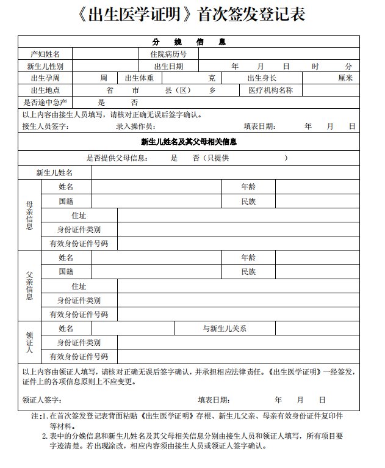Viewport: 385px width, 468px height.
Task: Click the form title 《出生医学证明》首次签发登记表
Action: pyautogui.click(x=192, y=15)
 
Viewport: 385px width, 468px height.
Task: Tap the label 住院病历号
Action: pyautogui.click(x=168, y=54)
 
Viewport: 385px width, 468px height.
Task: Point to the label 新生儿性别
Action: pyautogui.click(x=45, y=66)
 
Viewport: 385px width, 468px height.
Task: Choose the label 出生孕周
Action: pyautogui.click(x=45, y=78)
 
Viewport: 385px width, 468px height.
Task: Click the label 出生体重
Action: pyautogui.click(x=139, y=78)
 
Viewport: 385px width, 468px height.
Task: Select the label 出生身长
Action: pyautogui.click(x=262, y=78)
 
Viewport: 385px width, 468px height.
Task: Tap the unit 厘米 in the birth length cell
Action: pyautogui.click(x=345, y=78)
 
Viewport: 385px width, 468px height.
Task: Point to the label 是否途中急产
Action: pyautogui.click(x=45, y=103)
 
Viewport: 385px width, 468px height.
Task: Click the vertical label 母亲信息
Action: pyautogui.click(x=30, y=214)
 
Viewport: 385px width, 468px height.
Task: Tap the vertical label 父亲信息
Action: pyautogui.click(x=30, y=285)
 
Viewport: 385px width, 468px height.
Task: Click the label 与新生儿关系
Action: pyautogui.click(x=224, y=328)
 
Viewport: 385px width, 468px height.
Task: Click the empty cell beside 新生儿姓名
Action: pyautogui.click(x=225, y=173)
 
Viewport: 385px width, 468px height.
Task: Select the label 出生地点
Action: pyautogui.click(x=45, y=90)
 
